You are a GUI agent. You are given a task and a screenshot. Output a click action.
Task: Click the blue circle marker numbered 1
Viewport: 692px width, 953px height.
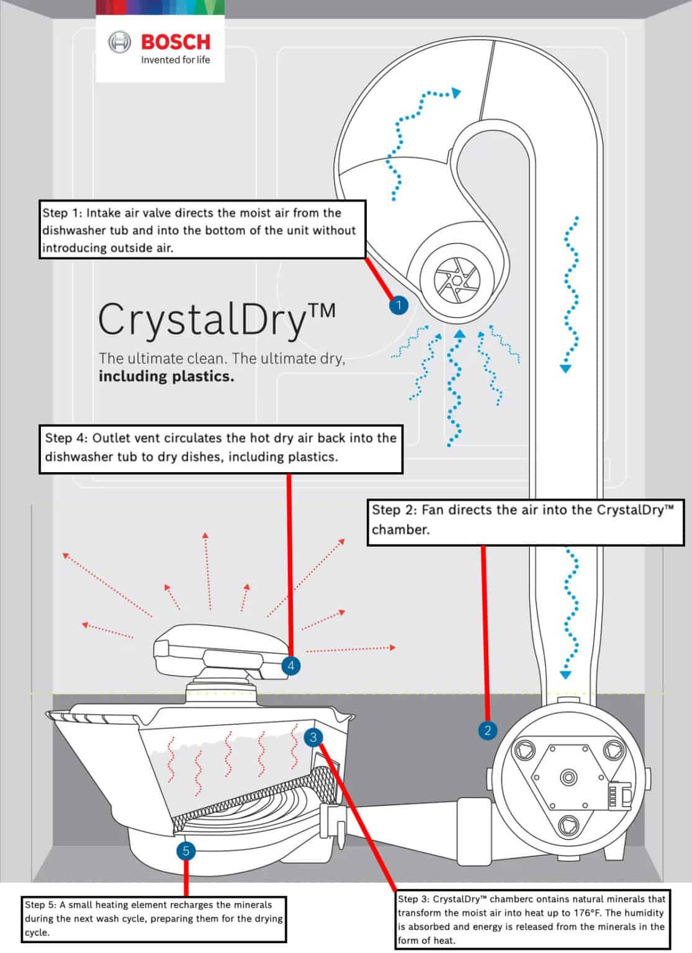[x=398, y=305]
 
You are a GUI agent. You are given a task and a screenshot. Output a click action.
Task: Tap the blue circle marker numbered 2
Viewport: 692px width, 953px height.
[x=487, y=730]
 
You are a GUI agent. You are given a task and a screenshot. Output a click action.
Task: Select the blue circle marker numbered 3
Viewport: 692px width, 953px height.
[x=313, y=736]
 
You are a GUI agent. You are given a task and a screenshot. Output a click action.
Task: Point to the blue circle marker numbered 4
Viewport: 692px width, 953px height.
[x=290, y=666]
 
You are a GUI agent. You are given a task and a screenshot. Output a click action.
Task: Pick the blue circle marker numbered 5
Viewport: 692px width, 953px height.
[x=186, y=851]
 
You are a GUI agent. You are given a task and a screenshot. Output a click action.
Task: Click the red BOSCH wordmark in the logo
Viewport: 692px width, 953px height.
[x=176, y=42]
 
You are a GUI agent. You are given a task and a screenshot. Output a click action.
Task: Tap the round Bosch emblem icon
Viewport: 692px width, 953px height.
[x=120, y=42]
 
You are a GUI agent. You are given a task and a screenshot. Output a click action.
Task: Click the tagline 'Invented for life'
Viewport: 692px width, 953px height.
[x=176, y=60]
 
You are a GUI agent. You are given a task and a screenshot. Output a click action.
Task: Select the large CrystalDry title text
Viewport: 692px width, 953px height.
[x=217, y=320]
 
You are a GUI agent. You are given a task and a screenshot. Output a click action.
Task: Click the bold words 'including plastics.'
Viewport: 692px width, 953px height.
[x=166, y=376]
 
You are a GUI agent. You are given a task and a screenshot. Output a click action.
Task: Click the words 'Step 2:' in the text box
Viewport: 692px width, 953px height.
[x=394, y=510]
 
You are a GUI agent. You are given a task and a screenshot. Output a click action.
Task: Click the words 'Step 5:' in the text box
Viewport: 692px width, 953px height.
[x=40, y=905]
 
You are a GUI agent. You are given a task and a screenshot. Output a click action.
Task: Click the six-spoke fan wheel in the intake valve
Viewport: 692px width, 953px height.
[x=456, y=280]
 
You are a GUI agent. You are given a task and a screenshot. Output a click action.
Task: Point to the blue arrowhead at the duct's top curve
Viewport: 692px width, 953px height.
[x=456, y=94]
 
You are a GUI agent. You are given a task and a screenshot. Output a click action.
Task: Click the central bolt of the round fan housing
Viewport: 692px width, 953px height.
[x=568, y=777]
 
